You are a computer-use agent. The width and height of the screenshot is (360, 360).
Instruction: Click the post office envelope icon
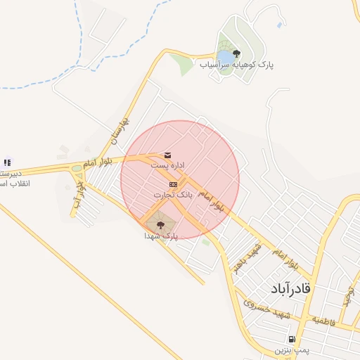167,155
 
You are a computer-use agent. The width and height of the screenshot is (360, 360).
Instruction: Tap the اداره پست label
168,165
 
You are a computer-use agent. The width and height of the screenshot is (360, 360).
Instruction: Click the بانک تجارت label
173,193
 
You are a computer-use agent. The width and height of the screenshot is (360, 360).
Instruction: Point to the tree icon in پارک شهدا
160,225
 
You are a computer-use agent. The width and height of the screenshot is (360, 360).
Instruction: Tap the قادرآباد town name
290,289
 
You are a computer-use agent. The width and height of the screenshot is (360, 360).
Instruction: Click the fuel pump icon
291,340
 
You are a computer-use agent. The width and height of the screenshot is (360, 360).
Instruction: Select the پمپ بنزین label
291,349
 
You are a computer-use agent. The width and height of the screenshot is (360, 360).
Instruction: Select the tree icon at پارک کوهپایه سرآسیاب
236,53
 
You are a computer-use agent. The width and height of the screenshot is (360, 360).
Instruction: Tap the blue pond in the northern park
224,56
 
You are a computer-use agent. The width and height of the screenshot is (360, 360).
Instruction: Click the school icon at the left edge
7,162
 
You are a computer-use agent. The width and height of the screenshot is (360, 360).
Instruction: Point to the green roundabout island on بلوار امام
76,168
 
